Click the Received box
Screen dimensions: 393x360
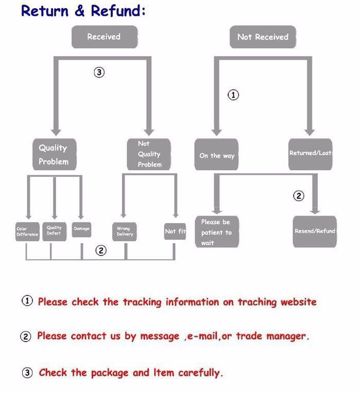coord(104,37)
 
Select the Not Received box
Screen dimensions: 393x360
coord(263,37)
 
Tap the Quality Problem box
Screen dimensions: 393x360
coord(54,155)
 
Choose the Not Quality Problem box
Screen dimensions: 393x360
coord(149,154)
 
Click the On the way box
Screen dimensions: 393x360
coord(216,155)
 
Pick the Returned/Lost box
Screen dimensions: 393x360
coord(310,153)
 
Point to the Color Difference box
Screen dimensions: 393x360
coord(27,231)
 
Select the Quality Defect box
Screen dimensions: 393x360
coord(54,230)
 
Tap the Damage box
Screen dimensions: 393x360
coord(81,229)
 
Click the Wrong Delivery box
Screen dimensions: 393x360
coord(124,231)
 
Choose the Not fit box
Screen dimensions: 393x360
coord(175,231)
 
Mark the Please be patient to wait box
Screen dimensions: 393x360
coord(216,232)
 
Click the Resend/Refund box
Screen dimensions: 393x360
coord(314,231)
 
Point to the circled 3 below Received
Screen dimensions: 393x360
coord(99,73)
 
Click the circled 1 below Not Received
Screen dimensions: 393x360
coord(234,95)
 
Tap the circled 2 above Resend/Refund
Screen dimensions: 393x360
coord(299,196)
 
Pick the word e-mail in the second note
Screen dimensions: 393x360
coord(202,336)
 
